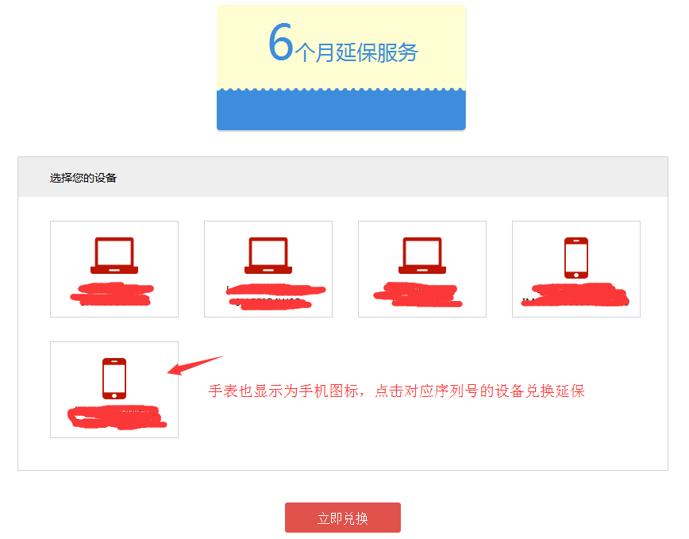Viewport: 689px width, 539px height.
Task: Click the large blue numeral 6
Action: (281, 42)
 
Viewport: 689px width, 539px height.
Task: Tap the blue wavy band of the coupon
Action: (341, 110)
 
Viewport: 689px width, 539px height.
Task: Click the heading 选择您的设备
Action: (83, 178)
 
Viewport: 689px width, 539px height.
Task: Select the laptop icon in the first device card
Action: (114, 256)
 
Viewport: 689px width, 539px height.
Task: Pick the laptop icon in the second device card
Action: (268, 256)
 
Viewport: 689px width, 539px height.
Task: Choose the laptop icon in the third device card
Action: (422, 256)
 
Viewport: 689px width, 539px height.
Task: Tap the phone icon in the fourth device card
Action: (576, 257)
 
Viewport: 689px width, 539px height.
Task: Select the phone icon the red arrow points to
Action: (114, 378)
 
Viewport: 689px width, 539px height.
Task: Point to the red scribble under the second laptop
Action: (274, 295)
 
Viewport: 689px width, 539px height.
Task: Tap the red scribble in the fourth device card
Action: (577, 294)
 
